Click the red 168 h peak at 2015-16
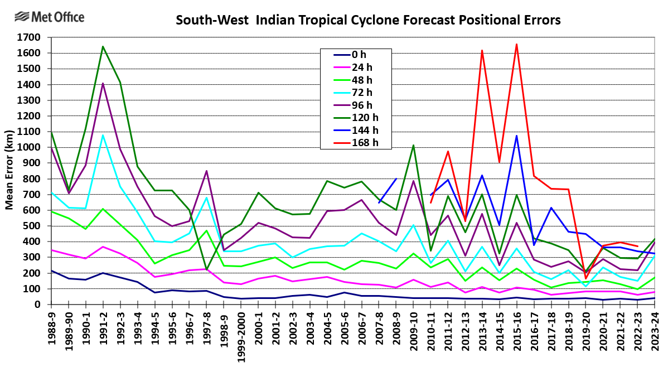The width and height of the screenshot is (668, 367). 516,44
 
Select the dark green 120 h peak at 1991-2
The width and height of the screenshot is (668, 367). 103,47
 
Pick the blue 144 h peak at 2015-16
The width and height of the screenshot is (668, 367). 516,136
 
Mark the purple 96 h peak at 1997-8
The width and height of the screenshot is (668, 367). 206,171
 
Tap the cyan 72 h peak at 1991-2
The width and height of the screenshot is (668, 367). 103,135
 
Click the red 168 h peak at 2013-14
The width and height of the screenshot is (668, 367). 482,51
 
